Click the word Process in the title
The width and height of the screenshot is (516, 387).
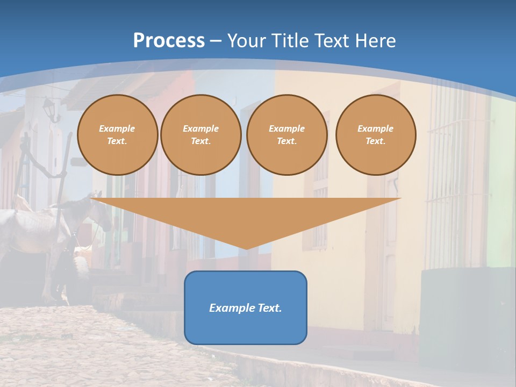169,41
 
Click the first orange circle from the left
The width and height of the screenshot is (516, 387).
117,135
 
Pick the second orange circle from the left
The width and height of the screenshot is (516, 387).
201,135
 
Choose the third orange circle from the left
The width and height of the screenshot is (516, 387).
287,135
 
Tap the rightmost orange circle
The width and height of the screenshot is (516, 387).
376,135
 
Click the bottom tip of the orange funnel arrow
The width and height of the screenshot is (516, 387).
246,248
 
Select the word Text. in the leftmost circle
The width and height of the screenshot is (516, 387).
117,141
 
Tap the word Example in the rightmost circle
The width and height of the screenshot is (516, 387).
376,128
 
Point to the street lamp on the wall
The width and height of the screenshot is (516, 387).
49,107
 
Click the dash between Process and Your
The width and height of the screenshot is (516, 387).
216,41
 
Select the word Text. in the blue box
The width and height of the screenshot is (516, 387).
270,308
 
